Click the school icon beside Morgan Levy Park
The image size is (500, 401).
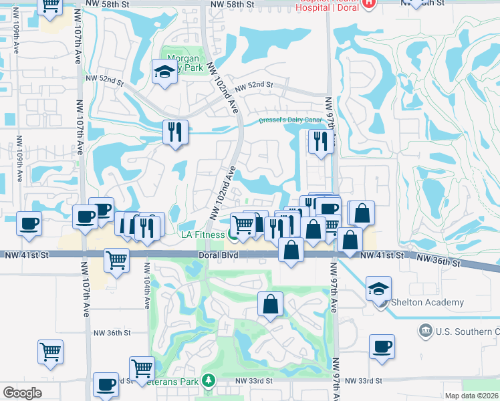click(163, 71)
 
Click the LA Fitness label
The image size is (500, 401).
click(204, 235)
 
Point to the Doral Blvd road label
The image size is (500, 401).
click(218, 255)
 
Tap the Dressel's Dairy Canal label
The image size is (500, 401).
click(291, 120)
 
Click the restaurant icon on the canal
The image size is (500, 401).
click(175, 131)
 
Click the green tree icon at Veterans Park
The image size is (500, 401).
click(209, 380)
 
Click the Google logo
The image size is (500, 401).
click(22, 392)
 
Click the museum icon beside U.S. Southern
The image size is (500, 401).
click(425, 331)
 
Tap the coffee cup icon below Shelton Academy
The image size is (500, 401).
click(382, 346)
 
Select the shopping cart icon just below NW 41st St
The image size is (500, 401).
click(116, 259)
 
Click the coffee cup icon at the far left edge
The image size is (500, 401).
click(29, 223)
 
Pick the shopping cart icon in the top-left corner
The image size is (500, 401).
click(51, 5)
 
